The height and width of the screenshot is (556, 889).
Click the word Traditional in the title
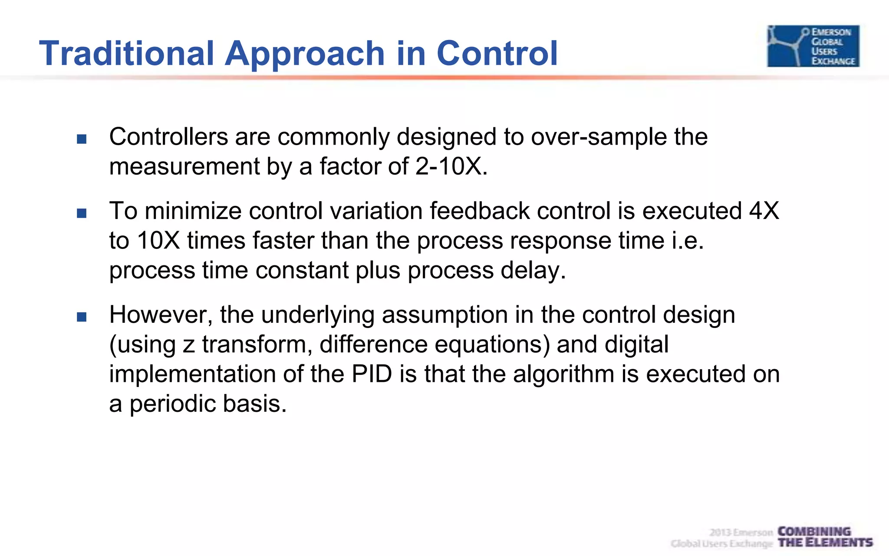(126, 53)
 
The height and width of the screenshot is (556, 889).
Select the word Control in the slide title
(497, 53)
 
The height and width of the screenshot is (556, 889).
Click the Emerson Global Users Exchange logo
(813, 46)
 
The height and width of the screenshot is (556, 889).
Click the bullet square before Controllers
(82, 139)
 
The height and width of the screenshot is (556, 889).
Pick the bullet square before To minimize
(82, 213)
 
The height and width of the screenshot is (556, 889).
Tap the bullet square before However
(82, 317)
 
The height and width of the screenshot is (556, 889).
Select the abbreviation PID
(372, 374)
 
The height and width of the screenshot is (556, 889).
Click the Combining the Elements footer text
(824, 537)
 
